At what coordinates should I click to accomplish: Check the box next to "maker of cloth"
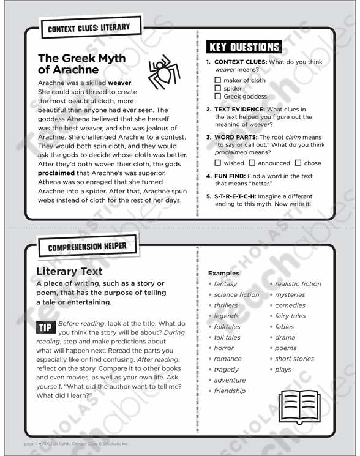(x=217, y=80)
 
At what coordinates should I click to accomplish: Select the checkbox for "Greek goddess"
(x=217, y=96)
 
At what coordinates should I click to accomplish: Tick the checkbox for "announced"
(x=252, y=163)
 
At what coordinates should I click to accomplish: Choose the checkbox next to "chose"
(x=298, y=163)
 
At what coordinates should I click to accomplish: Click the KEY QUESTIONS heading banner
(x=244, y=48)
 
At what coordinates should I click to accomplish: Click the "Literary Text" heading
(x=69, y=271)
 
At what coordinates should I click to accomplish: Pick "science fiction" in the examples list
(x=236, y=294)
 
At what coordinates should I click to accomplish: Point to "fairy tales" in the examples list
(x=290, y=316)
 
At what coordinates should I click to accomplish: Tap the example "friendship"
(x=230, y=391)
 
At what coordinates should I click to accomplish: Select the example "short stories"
(x=294, y=359)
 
